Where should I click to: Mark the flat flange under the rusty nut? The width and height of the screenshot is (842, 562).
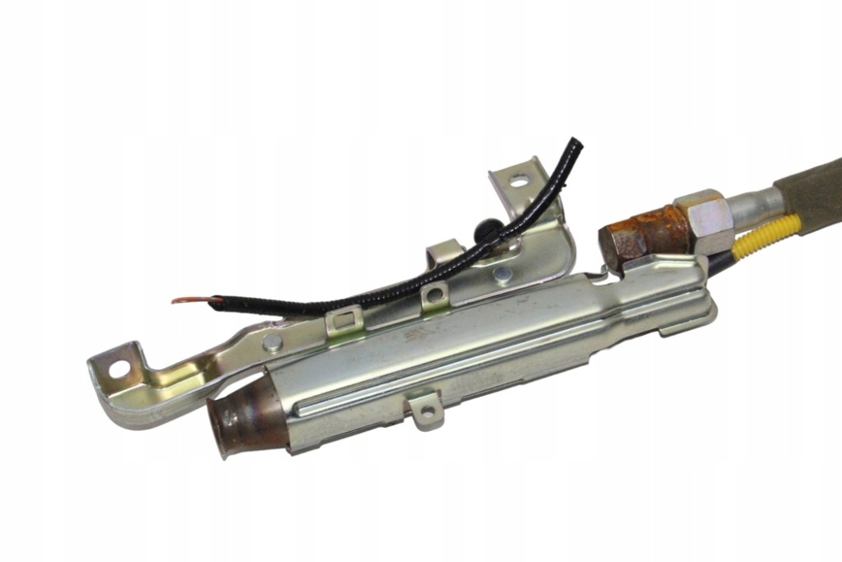658,265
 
